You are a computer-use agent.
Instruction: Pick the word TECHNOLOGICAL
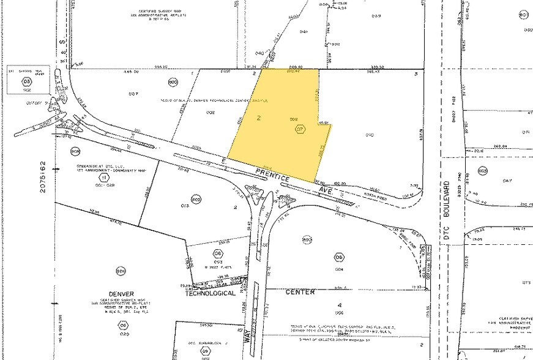coord(210,293)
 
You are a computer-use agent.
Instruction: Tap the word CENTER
coord(300,292)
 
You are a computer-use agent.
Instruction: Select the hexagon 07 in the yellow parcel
coord(300,129)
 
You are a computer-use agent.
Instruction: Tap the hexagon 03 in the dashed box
coord(26,80)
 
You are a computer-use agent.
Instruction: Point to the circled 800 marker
coord(172,82)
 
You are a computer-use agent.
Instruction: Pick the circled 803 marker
coord(196,199)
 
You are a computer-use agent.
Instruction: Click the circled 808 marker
coord(75,151)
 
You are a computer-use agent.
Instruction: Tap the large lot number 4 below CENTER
coord(338,304)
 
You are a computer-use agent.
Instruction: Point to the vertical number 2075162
coord(43,178)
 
